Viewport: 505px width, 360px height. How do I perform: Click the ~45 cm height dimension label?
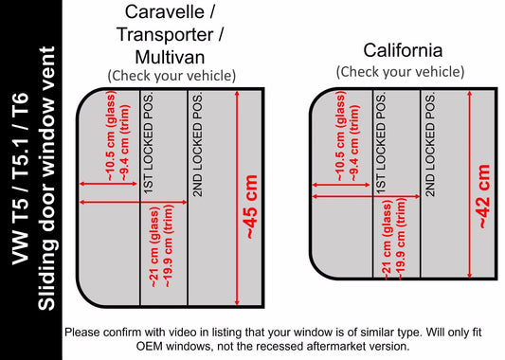252,207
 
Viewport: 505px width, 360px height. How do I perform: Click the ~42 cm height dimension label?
484,196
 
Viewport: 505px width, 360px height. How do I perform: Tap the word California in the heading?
403,50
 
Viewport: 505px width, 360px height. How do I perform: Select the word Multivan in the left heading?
170,58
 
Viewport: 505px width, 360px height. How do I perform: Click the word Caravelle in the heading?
166,11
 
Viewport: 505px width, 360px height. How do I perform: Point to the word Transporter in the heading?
165,34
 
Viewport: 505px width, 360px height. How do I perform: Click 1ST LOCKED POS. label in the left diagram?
149,144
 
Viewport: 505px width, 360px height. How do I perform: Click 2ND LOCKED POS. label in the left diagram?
197,145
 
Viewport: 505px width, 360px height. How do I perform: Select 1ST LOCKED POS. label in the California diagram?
381,144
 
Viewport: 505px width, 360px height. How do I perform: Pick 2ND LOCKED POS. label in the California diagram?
430,145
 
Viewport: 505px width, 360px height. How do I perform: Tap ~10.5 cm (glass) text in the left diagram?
112,136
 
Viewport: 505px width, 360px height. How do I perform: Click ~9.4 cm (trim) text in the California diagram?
354,143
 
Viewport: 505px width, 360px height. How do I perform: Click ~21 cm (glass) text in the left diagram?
154,247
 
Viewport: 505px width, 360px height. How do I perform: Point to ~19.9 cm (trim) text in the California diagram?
400,239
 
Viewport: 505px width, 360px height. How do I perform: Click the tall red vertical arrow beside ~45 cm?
237,198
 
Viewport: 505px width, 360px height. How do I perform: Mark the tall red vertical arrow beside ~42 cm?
470,185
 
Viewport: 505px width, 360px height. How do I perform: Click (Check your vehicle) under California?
401,71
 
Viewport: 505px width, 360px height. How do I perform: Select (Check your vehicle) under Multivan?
171,76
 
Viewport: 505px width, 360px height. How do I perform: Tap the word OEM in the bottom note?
149,347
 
